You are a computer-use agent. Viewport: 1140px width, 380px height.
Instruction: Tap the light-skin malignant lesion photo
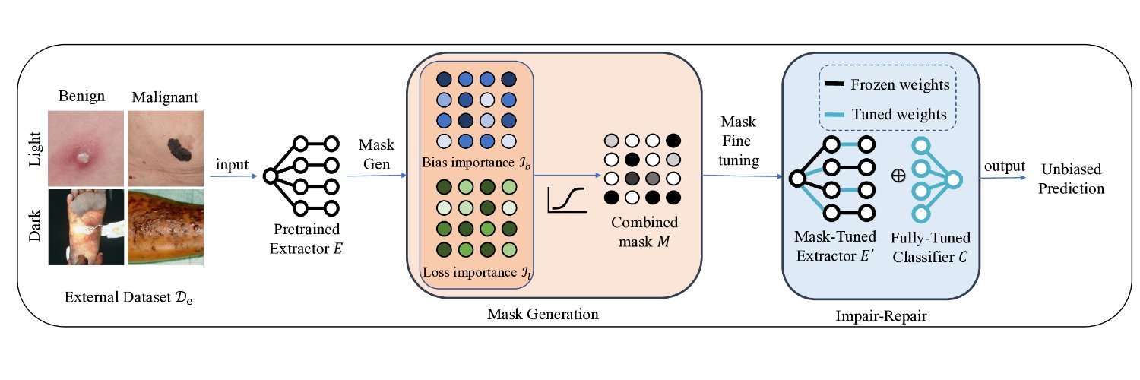tap(165, 147)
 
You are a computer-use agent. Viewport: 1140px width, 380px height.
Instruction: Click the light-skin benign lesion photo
tap(85, 147)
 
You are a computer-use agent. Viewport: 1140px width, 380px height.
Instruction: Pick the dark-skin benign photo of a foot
tap(85, 226)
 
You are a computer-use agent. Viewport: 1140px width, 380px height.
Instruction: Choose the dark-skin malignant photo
tap(165, 226)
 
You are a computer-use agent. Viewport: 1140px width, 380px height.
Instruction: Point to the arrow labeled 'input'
tap(233, 176)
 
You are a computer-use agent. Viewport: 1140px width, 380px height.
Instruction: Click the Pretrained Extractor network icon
tap(302, 176)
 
